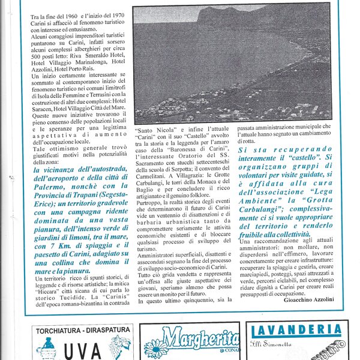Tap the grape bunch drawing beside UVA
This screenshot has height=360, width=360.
pyautogui.click(x=120, y=347)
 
